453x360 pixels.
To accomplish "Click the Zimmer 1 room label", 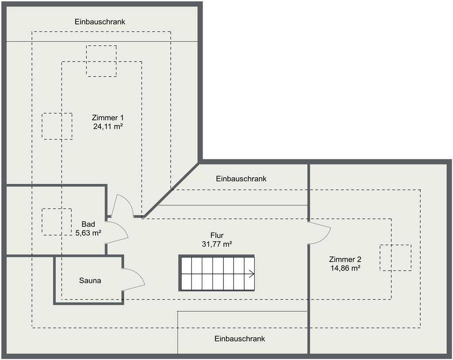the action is coord(108,118).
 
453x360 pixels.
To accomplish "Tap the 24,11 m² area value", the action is coord(108,126).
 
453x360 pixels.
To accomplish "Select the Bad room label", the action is coord(88,224).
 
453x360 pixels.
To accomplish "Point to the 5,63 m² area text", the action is coord(88,233).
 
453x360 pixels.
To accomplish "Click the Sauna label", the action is coord(90,280).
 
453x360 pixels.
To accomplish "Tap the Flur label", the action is coord(217,236).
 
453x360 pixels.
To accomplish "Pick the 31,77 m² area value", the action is coord(217,244).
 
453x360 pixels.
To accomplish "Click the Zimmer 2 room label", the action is coord(345,259).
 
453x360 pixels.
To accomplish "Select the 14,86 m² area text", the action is coord(345,268).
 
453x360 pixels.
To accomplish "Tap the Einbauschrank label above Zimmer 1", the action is coord(100,22).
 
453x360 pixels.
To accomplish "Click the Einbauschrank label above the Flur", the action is coord(241,179).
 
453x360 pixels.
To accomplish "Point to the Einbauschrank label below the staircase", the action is coord(240,339).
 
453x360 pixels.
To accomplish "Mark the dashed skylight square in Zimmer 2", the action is coord(395,258).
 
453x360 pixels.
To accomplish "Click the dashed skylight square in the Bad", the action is coord(57,222).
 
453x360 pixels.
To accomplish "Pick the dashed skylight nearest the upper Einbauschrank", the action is coord(101,61).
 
